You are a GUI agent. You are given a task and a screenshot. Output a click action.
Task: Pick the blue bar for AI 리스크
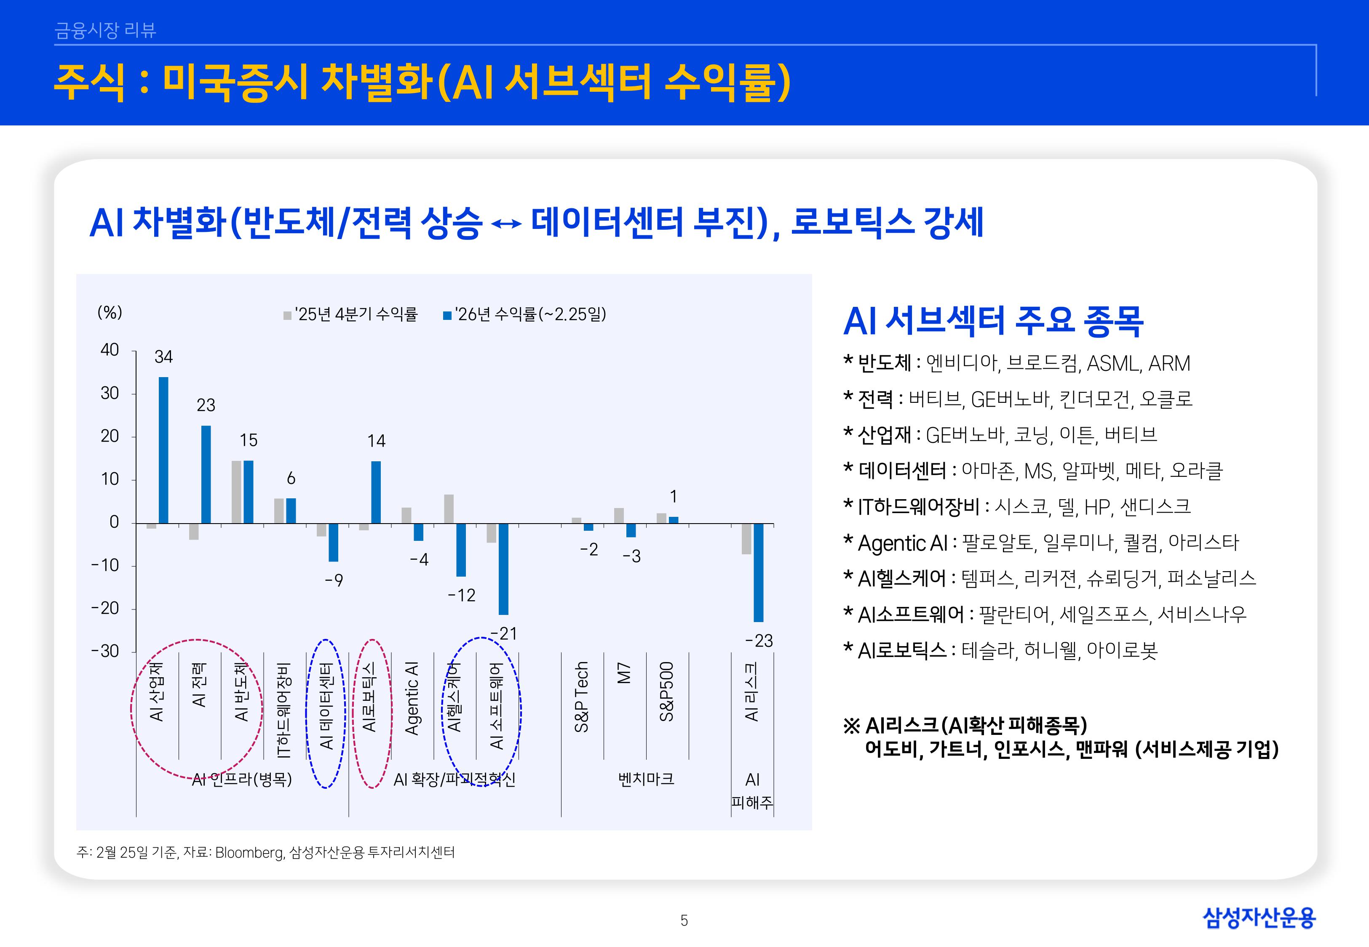(758, 572)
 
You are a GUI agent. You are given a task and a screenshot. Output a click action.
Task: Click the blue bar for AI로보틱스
(376, 492)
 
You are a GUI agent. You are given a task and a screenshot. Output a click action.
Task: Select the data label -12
(461, 595)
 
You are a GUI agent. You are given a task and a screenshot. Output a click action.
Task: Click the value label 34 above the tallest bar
(163, 356)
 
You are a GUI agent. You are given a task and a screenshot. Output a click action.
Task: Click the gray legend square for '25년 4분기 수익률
(287, 316)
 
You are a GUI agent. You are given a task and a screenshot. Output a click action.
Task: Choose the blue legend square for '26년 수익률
(447, 316)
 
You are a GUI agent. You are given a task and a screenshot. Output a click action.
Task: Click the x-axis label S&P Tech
(581, 697)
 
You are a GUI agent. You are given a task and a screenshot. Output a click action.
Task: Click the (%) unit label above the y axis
(110, 313)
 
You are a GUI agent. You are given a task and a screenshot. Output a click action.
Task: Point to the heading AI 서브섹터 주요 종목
(993, 321)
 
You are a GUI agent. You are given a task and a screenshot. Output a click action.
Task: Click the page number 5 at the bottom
(684, 920)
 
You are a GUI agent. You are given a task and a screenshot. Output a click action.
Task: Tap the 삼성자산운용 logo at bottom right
(1259, 918)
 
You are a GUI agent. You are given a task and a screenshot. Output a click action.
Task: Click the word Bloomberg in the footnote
(249, 853)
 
